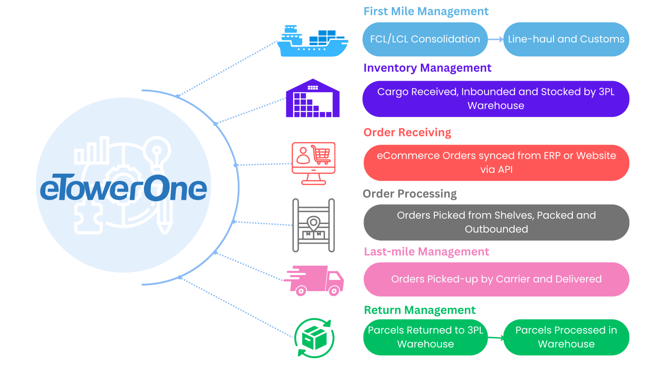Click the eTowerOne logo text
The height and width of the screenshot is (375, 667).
[123, 189]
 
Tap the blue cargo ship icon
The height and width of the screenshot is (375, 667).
[312, 41]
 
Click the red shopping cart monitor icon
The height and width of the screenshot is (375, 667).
[313, 163]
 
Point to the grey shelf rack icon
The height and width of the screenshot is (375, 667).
[313, 225]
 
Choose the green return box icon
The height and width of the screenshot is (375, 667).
[314, 338]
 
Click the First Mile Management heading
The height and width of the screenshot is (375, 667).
[426, 11]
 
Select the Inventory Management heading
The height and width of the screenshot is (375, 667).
[427, 68]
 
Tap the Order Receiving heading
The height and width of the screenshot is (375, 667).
[407, 132]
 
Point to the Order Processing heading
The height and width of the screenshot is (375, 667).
[409, 194]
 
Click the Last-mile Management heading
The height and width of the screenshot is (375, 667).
[426, 252]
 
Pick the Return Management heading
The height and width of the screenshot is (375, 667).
[420, 310]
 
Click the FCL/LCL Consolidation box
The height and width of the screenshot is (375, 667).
[424, 39]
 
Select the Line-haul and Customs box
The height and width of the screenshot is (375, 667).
[566, 39]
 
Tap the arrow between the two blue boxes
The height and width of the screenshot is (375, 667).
[495, 39]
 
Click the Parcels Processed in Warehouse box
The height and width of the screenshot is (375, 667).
[566, 337]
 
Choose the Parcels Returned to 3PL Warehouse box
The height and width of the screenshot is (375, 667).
[425, 337]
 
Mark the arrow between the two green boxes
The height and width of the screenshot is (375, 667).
[496, 338]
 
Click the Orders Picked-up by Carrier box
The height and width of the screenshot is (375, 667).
[496, 279]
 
